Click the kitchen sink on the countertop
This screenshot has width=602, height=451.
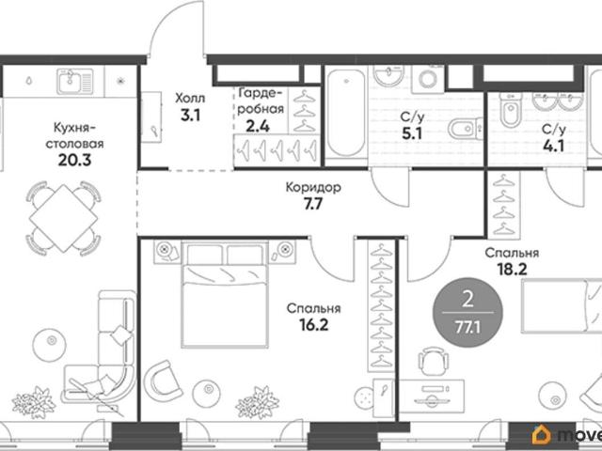[75, 82]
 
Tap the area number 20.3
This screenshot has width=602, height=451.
[74, 160]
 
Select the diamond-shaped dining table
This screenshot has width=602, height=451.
[63, 218]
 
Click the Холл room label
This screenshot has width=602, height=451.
[190, 99]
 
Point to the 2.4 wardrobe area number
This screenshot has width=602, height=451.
[258, 126]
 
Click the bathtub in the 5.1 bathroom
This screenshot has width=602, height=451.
[346, 113]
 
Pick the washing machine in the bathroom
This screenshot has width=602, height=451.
[427, 79]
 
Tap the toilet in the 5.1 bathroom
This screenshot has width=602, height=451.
[465, 129]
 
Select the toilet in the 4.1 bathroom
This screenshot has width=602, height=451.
[510, 110]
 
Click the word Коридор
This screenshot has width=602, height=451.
[313, 188]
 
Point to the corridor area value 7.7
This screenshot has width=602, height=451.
[313, 205]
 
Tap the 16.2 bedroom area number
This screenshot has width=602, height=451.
[313, 325]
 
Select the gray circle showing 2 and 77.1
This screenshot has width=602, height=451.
[467, 313]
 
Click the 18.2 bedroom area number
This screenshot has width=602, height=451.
[512, 270]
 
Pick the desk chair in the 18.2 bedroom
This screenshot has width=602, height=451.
[433, 361]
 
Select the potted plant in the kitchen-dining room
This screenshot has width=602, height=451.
[35, 403]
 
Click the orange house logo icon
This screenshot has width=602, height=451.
[541, 435]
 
